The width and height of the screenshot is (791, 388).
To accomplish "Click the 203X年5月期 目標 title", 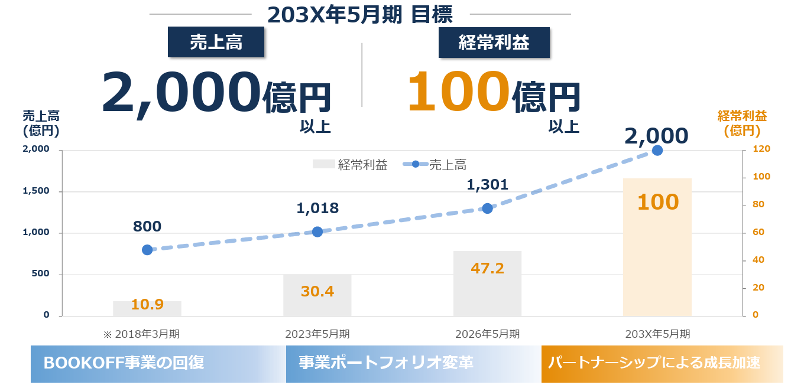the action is (360, 15).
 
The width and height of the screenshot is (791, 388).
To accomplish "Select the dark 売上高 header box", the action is (216, 42).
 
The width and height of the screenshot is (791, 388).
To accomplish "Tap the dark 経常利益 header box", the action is (494, 43).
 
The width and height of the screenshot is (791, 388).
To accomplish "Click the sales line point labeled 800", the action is (147, 250).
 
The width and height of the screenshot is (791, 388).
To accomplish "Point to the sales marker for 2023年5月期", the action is (317, 232).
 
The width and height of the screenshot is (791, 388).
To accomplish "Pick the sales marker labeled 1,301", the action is (487, 208).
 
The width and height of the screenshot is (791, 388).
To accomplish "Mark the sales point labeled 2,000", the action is (657, 151).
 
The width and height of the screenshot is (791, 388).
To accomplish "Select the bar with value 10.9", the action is (147, 308).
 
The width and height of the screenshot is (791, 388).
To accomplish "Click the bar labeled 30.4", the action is (317, 295).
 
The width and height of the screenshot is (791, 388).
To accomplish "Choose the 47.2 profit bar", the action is (487, 283).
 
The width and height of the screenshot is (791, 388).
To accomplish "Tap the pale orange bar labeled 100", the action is (657, 247).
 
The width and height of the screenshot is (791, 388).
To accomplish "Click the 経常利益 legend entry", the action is (350, 164).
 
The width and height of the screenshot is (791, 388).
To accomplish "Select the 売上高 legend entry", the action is (435, 164).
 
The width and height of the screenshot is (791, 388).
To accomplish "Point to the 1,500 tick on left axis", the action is (36, 191).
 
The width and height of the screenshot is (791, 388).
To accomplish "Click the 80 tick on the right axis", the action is (758, 204).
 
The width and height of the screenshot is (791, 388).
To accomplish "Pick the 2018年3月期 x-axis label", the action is (142, 334).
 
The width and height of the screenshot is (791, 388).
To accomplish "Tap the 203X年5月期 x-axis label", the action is (657, 334).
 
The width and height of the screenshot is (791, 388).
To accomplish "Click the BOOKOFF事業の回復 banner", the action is (158, 364).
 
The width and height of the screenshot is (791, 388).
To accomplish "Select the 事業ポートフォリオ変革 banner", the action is (413, 364).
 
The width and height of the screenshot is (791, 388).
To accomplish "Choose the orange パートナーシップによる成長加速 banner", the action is (662, 364).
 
